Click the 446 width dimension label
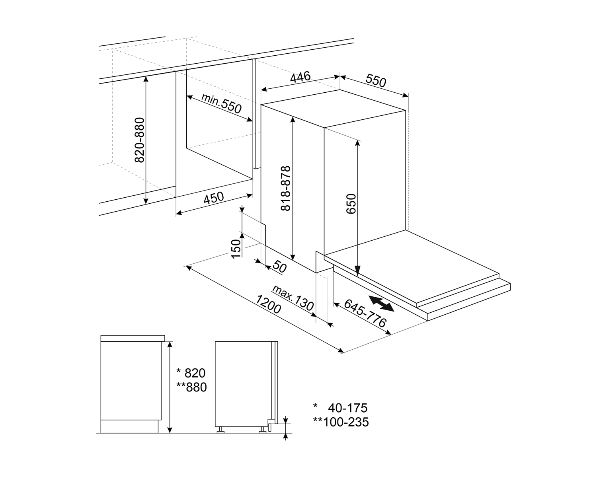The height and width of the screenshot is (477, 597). coord(300,77)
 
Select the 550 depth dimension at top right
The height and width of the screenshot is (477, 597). coord(376,81)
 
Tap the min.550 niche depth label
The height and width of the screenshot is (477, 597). coord(221,103)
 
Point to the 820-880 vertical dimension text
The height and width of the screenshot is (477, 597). coord(139,140)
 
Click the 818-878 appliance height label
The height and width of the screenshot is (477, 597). coord(286,188)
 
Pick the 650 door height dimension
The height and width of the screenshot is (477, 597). coord(351,204)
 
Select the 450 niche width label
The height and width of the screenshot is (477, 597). coord(214,198)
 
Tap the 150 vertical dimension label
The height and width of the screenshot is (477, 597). coord(236,249)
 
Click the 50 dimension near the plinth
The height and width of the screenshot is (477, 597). coord(279,267)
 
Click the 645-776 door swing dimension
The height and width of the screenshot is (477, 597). coord(365,313)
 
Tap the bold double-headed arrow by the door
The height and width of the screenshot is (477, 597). coord(381,303)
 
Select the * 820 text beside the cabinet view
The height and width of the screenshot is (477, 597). coord(191,373)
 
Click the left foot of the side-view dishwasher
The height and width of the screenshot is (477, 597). coord(220,430)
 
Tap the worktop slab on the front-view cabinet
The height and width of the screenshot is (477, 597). coord(132,338)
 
